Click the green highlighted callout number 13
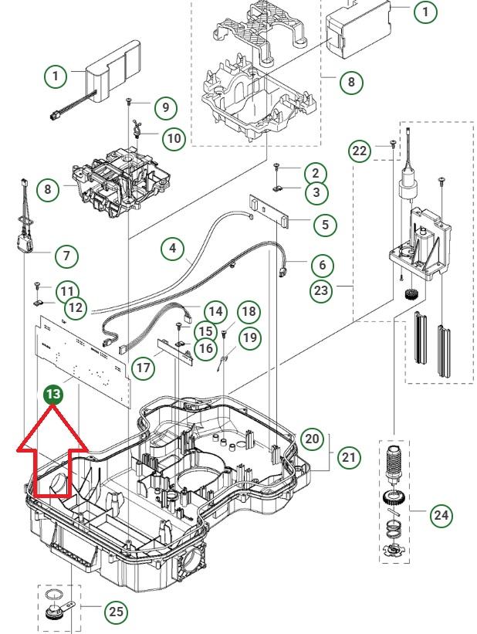point(54,395)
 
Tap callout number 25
point(116,612)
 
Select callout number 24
point(441,515)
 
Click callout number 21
point(350,457)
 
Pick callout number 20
point(312,438)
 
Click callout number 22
point(360,151)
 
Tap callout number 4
point(173,249)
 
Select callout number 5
point(324,224)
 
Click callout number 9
point(165,107)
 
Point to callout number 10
point(174,139)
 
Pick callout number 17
point(144,368)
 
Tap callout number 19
point(250,337)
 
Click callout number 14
point(216,312)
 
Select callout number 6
point(323,265)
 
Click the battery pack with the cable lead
point(110,79)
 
